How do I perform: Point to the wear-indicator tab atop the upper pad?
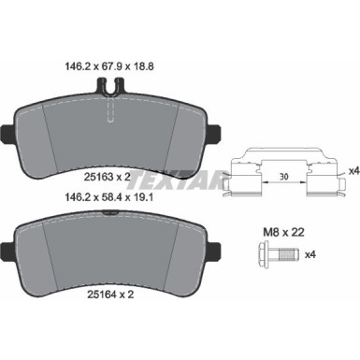[108, 86]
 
